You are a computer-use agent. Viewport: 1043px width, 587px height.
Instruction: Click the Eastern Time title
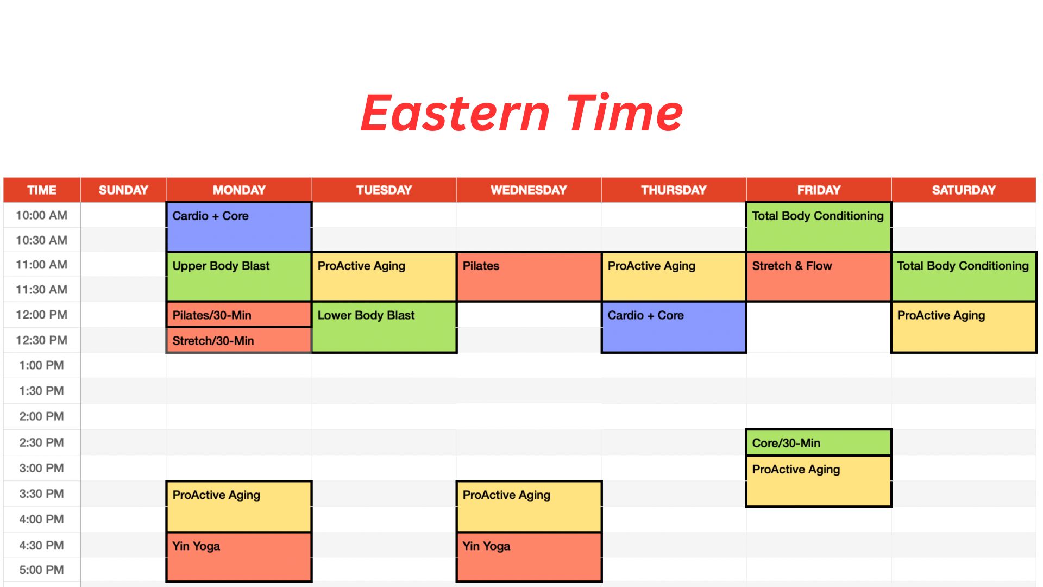tap(521, 113)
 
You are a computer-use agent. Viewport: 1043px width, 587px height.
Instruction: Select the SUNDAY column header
tap(123, 190)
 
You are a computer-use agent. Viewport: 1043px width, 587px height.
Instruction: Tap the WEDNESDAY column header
tap(529, 190)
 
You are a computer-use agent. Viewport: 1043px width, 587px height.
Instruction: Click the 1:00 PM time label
tap(41, 365)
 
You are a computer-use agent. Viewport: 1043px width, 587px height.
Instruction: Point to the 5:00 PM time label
tap(41, 570)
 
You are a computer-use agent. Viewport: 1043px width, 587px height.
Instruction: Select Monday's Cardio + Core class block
tap(239, 227)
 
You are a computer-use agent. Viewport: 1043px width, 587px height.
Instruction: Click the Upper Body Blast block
tap(239, 277)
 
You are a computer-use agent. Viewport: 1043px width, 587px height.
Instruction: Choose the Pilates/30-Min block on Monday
tap(239, 315)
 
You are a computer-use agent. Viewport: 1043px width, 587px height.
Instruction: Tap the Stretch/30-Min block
tap(239, 340)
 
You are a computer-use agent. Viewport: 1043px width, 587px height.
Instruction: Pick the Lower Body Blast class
tap(384, 327)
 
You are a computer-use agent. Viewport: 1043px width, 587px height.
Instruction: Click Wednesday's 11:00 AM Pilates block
tap(529, 277)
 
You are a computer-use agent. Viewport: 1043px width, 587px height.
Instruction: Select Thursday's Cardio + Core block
tap(674, 327)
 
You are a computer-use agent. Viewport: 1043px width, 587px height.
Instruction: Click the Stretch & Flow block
tap(819, 277)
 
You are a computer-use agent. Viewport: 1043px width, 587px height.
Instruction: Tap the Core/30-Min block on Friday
tap(819, 442)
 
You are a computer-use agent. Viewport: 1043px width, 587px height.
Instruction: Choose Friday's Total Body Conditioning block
tap(819, 227)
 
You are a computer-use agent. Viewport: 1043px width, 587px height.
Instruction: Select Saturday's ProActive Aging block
tap(964, 327)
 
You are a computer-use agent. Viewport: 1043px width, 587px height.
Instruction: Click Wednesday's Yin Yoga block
tap(529, 557)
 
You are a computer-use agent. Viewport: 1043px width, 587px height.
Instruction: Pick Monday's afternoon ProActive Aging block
tap(239, 507)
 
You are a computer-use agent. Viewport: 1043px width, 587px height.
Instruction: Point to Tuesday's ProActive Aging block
tap(384, 277)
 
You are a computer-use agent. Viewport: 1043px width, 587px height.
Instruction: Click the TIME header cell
tap(42, 190)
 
